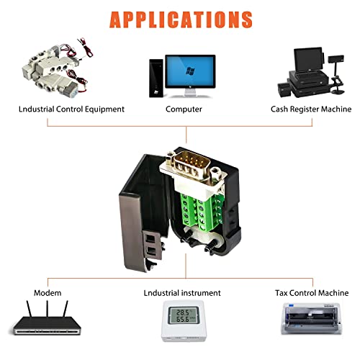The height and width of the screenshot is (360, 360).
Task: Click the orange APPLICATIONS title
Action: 181,19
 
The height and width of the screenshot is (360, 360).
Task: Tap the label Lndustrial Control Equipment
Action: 71,109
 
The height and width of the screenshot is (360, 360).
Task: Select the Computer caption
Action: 184,109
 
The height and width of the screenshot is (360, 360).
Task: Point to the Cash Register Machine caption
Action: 311,109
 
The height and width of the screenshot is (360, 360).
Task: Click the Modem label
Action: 48,293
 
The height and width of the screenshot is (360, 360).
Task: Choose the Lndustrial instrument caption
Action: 182,293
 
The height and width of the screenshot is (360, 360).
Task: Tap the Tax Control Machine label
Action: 312,293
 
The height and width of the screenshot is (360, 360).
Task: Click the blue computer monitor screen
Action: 190,71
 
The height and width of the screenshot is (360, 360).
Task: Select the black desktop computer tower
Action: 156,78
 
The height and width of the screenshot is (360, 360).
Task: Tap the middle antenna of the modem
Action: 48,309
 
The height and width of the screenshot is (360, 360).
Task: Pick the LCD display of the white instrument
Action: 183,315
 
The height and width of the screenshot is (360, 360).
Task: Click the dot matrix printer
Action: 311,318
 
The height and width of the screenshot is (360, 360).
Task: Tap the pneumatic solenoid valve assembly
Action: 56,68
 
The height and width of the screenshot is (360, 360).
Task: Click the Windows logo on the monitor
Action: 190,71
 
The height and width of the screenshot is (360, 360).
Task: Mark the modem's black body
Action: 47,325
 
